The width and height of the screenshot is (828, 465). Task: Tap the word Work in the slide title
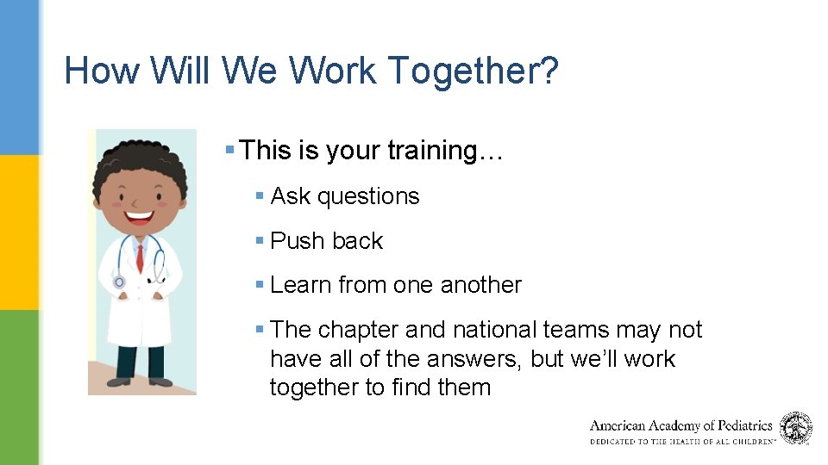331,71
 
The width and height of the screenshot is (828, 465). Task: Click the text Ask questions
345,196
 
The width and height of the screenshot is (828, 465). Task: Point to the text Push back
326,241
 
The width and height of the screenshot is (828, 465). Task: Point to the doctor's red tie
140,257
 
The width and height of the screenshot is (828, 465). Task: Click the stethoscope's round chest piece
119,282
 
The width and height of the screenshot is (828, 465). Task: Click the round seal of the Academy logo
795,428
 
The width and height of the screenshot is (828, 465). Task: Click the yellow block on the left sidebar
19,232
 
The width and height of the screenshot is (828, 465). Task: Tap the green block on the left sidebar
19,387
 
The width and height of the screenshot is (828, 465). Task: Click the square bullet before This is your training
229,151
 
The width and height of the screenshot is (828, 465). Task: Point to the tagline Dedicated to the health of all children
682,441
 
